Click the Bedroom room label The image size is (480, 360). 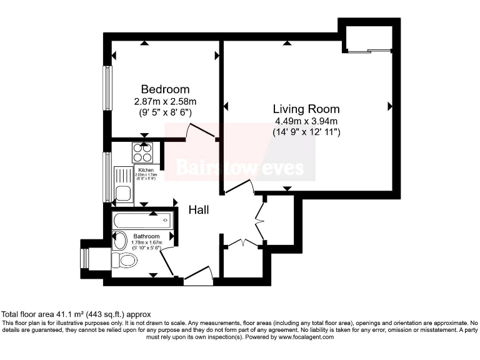click(165, 89)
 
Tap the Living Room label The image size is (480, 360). click(306, 108)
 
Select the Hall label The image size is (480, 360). click(199, 211)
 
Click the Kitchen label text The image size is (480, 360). click(146, 170)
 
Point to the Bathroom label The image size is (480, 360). click(147, 236)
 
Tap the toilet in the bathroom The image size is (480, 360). click(126, 260)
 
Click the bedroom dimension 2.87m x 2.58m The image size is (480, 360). click(165, 101)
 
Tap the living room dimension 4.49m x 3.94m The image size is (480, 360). click(306, 121)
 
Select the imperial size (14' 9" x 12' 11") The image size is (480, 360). click(306, 132)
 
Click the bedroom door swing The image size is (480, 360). click(201, 131)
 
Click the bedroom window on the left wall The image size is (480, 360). click(107, 87)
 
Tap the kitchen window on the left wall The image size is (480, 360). click(107, 177)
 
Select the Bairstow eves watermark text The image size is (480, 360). click(239, 167)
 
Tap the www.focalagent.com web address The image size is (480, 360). click(298, 337)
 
